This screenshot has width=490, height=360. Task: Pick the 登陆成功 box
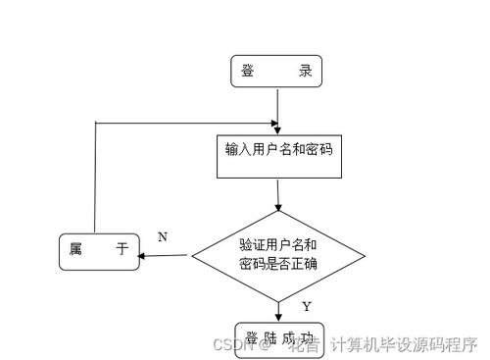[x=278, y=335]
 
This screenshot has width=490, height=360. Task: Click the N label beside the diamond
[x=163, y=236]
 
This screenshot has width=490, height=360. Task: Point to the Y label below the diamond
[x=307, y=306]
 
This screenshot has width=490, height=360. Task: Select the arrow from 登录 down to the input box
[x=278, y=108]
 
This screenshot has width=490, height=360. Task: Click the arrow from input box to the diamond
[x=279, y=194]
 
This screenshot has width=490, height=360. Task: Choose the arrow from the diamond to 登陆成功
[x=279, y=309]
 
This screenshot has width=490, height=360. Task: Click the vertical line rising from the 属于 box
[x=95, y=177]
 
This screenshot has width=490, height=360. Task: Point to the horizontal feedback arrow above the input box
[x=186, y=123]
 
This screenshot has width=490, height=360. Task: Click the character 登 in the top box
[x=249, y=71]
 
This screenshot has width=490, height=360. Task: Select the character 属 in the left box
[x=74, y=250]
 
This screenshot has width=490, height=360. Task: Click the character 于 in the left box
[x=122, y=250]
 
